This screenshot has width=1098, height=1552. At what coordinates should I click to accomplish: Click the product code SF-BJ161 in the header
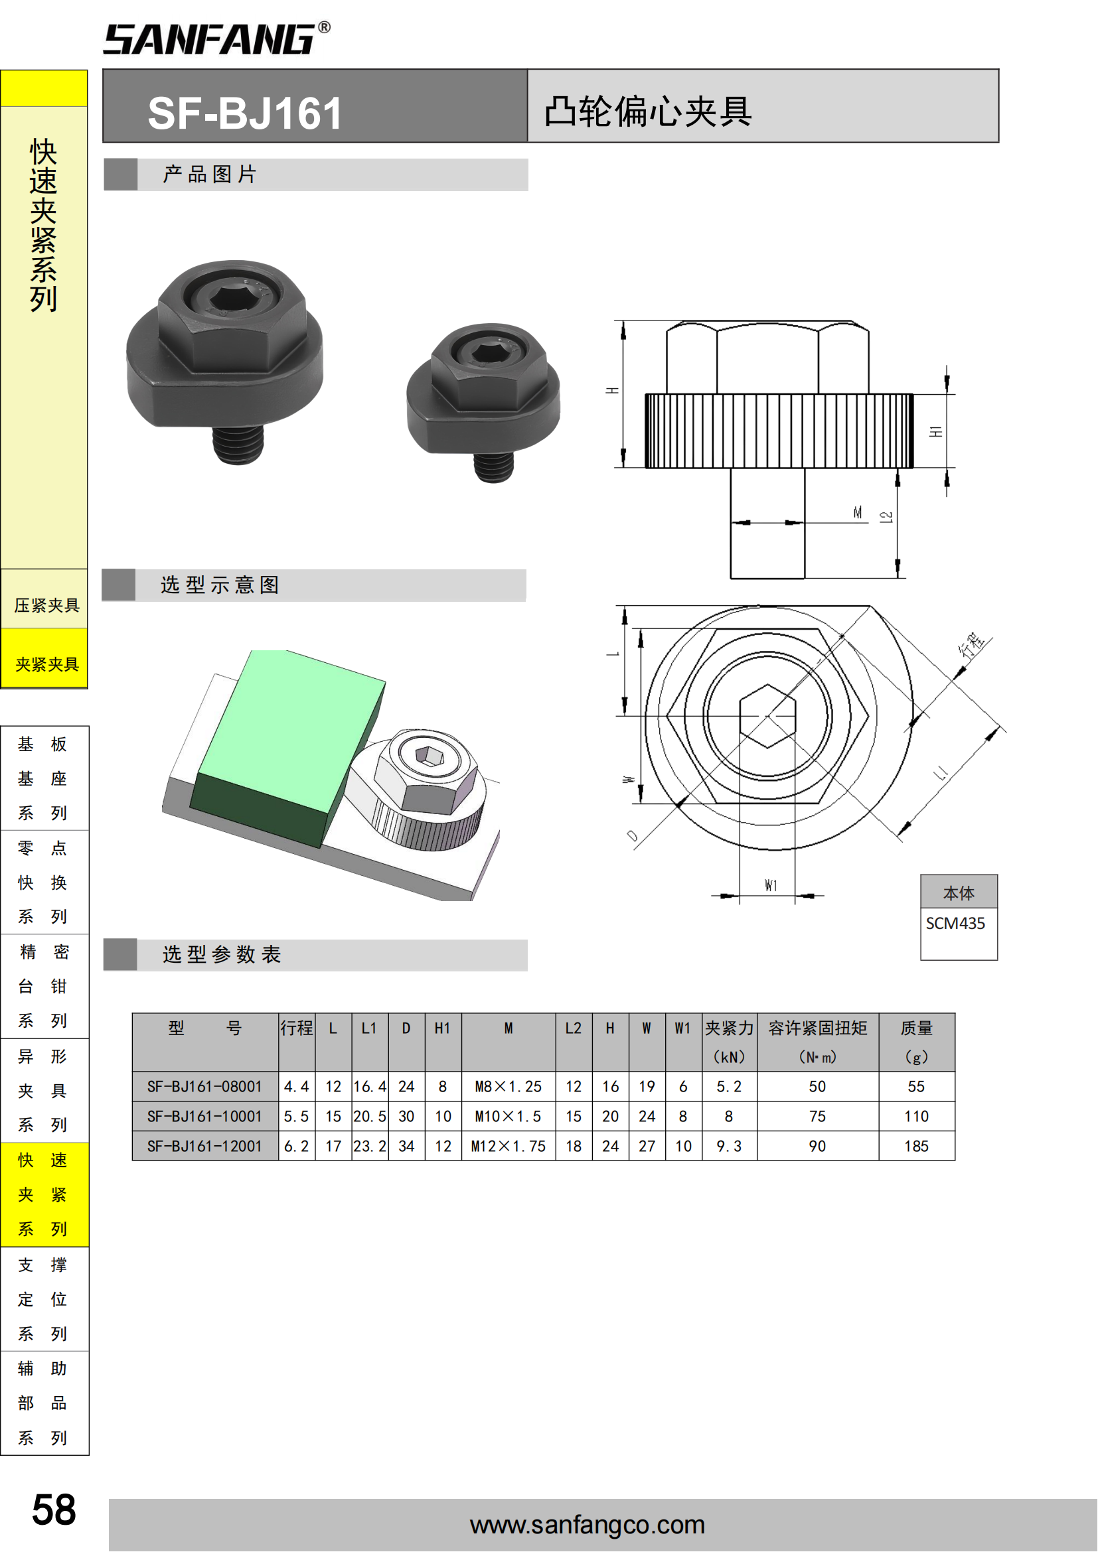245,113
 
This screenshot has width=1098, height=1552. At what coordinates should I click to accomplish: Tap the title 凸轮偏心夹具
649,111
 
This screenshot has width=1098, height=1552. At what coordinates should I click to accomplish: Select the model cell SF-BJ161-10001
205,1116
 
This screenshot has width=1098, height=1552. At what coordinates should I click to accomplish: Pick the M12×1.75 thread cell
509,1146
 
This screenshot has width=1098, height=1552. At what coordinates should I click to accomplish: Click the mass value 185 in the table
916,1146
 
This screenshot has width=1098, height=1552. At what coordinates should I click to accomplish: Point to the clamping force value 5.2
729,1086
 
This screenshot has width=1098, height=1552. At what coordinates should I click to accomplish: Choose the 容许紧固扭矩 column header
817,1028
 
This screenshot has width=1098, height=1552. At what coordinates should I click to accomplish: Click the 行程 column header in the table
297,1028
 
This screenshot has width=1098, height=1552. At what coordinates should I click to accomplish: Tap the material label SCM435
955,924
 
